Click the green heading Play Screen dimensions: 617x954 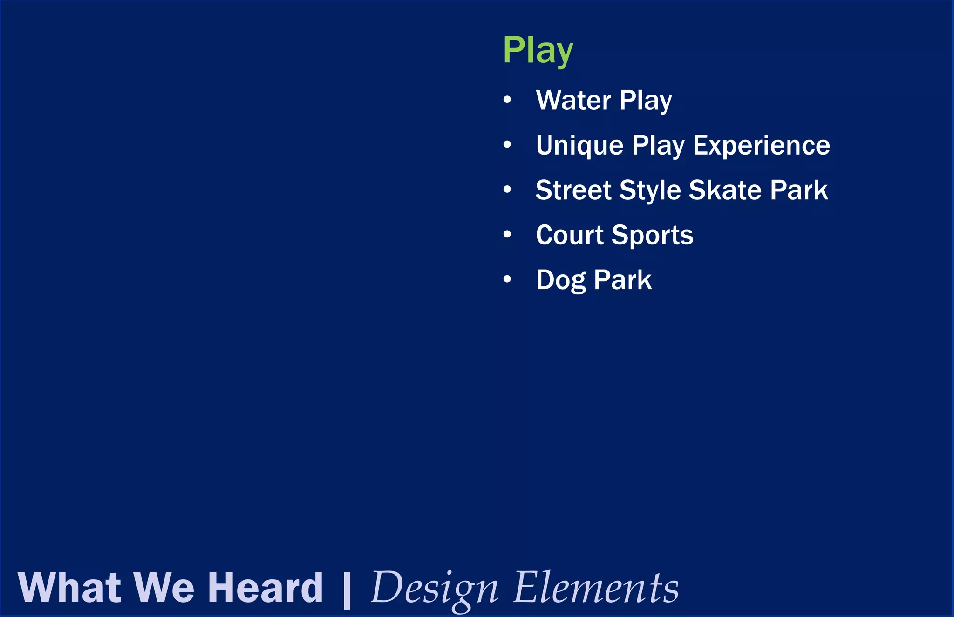pos(538,51)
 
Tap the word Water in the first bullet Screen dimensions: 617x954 pos(573,100)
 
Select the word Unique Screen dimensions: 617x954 pos(579,145)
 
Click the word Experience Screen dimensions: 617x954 pos(761,145)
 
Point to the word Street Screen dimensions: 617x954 pos(573,190)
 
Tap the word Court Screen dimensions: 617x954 pos(570,235)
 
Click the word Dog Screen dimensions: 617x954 pos(561,280)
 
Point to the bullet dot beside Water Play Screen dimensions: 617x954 pos(507,100)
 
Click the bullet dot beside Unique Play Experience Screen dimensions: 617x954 pos(507,145)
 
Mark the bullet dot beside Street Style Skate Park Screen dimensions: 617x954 pos(507,190)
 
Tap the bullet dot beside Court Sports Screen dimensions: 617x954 pos(507,234)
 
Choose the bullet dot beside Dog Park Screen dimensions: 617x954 pos(507,279)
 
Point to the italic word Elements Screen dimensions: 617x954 pos(596,588)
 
